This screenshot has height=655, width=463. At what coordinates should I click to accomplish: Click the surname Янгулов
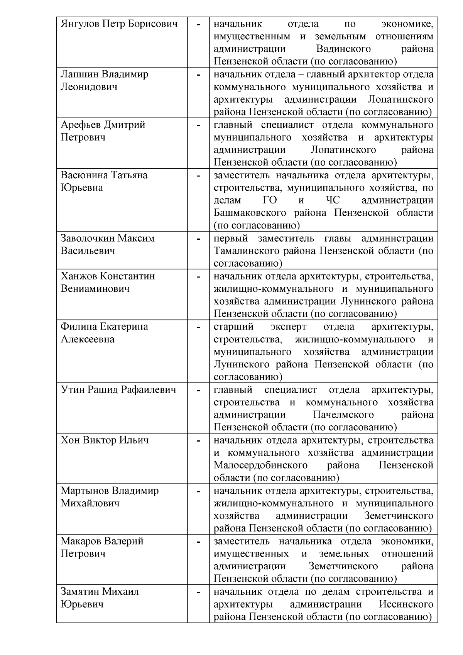[x=80, y=24]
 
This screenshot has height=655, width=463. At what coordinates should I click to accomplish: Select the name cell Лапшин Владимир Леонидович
[x=104, y=80]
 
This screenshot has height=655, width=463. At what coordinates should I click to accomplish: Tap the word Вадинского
[x=343, y=49]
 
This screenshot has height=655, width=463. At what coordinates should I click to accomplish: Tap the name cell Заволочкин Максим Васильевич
[x=107, y=244]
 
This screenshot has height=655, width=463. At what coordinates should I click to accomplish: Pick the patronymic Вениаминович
[x=95, y=289]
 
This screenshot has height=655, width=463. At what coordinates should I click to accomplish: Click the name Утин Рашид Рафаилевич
[x=118, y=390]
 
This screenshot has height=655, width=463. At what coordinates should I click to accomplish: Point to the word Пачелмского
[x=343, y=415]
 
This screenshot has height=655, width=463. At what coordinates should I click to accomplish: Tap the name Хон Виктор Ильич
[x=105, y=440]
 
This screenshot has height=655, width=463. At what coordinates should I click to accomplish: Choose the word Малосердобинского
[x=260, y=465]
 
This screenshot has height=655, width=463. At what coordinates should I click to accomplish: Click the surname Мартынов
[x=85, y=491]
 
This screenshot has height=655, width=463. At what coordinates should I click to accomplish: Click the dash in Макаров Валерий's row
[x=198, y=542]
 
